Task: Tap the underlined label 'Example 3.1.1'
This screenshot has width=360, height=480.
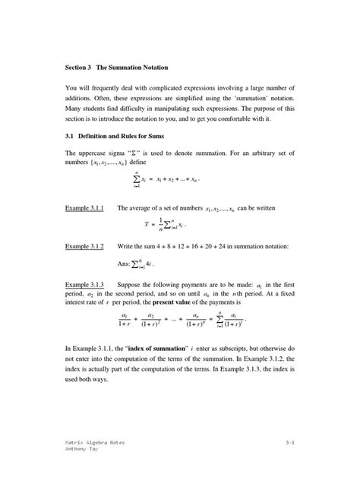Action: [84, 207]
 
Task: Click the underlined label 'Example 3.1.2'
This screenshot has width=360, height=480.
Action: [84, 247]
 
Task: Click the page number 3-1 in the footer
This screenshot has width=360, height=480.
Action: [290, 441]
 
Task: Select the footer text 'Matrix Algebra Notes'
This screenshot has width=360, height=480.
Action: [95, 441]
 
